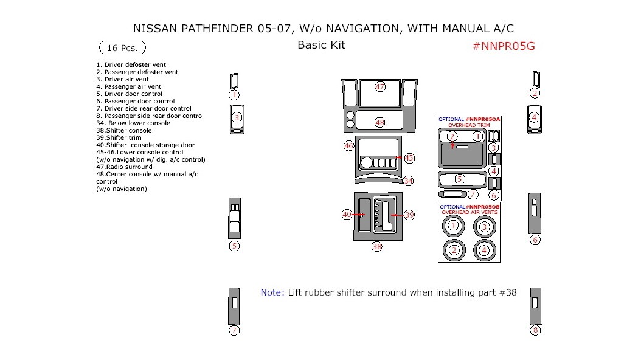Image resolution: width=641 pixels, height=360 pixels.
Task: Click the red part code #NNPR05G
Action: pos(503,47)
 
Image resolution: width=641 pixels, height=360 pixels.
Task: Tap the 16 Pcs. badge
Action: pos(122,47)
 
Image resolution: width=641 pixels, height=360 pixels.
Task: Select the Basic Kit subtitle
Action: pos(321,45)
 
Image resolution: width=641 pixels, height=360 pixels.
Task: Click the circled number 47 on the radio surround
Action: pos(379,87)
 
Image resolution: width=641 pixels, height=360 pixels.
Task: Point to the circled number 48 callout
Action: pos(379,122)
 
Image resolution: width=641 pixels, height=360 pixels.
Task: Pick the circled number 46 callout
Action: pos(348,146)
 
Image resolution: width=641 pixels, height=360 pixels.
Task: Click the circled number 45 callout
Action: pos(409,158)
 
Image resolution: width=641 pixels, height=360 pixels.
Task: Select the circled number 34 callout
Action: pos(408,181)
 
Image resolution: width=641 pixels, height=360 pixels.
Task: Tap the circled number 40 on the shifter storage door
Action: pos(347,215)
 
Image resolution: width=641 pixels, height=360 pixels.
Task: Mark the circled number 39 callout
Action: pos(409,215)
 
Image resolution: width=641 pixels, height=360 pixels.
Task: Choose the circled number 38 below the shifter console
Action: pos(377,247)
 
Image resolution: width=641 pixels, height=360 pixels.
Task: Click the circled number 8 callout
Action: pos(535,330)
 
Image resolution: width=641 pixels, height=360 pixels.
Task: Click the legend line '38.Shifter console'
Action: pos(124,131)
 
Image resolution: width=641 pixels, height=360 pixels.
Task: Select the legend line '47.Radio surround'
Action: pos(124,167)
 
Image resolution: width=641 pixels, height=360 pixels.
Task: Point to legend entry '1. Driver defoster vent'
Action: pos(131,64)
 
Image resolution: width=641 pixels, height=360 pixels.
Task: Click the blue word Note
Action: pos(271,292)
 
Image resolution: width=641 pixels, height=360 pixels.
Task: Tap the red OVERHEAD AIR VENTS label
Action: pos(469,212)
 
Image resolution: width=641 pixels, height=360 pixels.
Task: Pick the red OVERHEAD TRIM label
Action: pos(469,125)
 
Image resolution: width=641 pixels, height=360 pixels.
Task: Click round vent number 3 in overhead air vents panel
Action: pos(484,227)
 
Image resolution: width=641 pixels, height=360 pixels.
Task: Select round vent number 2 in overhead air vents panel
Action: pos(453,250)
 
